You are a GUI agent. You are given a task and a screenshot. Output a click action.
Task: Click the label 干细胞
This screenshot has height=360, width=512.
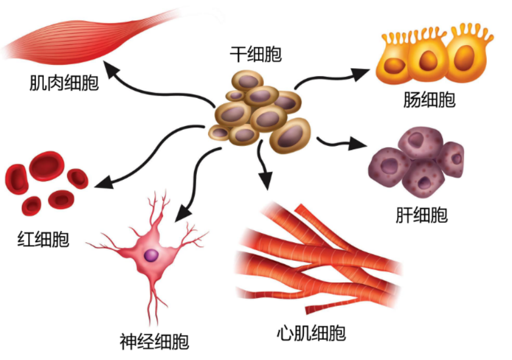[255, 55]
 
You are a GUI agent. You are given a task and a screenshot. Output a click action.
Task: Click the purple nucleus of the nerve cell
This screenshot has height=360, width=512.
[151, 255]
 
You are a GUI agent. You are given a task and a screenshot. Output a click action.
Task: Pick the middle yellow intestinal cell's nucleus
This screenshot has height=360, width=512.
[428, 58]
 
